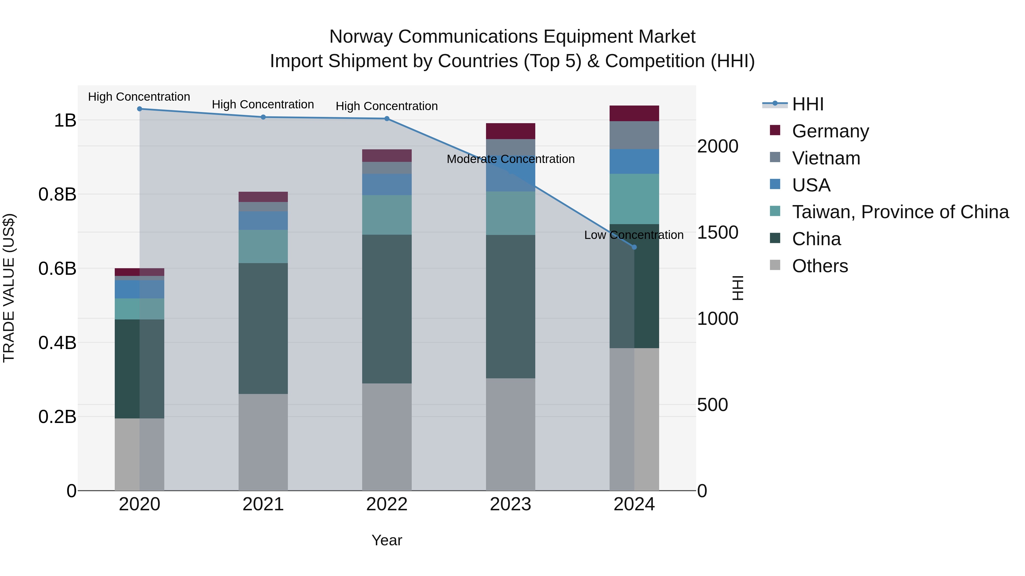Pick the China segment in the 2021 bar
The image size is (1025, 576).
263,328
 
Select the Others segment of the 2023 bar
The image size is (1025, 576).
511,434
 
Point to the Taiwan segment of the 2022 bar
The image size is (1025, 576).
387,215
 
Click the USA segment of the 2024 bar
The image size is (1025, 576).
634,161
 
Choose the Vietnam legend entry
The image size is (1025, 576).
826,158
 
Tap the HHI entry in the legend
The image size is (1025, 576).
807,104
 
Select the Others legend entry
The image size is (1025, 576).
820,266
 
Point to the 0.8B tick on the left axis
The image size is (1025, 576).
57,194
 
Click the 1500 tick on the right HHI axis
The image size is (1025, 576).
717,233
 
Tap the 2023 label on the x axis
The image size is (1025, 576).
511,504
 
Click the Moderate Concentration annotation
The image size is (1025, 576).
511,159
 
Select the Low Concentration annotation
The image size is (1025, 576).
634,235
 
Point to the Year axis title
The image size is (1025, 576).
387,540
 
